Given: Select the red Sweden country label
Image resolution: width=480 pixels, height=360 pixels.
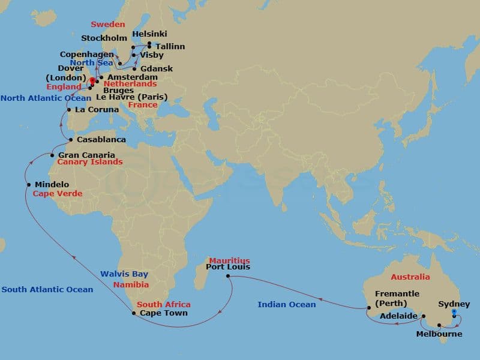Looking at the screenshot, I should pyautogui.click(x=108, y=25).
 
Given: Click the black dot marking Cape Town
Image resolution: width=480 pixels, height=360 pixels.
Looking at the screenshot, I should pyautogui.click(x=133, y=313).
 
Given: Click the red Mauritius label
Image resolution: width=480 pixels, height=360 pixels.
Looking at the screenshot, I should pyautogui.click(x=229, y=260).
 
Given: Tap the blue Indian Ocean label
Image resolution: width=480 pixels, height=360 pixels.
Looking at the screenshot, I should pyautogui.click(x=287, y=305).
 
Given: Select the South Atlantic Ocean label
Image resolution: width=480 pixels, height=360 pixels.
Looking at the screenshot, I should pyautogui.click(x=47, y=290).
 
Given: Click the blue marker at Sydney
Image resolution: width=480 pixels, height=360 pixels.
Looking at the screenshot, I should pyautogui.click(x=454, y=312).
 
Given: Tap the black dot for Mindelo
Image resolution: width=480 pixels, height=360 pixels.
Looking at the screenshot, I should pyautogui.click(x=28, y=184).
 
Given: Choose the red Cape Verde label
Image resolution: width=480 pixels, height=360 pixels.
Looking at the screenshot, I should pyautogui.click(x=58, y=194).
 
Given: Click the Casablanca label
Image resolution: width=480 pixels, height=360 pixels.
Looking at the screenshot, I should pyautogui.click(x=101, y=140).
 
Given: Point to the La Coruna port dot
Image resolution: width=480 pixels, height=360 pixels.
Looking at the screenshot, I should pyautogui.click(x=70, y=110).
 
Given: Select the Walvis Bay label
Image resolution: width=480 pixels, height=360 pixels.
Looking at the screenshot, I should pyautogui.click(x=124, y=274).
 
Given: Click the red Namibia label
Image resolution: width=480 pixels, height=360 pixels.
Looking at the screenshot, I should pyautogui.click(x=131, y=285).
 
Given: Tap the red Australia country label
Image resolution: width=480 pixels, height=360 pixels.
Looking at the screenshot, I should pyautogui.click(x=410, y=277).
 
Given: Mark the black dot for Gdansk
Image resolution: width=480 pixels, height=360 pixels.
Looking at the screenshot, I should pyautogui.click(x=134, y=68).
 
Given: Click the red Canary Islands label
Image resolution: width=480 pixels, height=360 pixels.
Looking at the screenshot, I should pyautogui.click(x=90, y=162).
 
